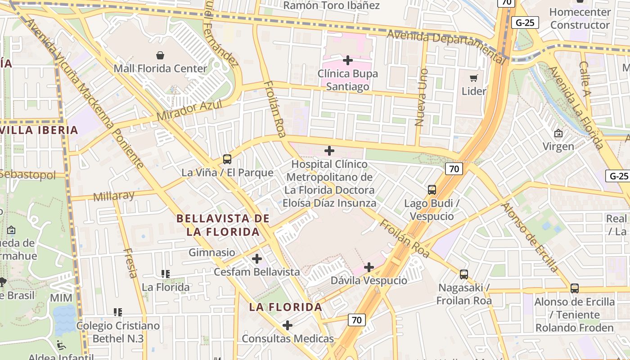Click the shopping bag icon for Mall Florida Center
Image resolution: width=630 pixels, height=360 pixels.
click(160, 55)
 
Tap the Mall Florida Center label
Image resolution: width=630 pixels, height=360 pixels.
click(160, 69)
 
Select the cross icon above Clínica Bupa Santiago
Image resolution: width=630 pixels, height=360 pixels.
click(347, 60)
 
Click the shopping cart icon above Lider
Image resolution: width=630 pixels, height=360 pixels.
click(473, 78)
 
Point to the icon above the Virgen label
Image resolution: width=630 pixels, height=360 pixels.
click(558, 133)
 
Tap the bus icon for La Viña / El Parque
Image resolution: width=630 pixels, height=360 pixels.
click(227, 159)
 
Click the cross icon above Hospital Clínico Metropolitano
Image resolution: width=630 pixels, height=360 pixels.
click(329, 151)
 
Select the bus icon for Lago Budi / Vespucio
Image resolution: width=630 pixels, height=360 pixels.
click(432, 190)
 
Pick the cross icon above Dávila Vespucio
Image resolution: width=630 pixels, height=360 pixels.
click(369, 267)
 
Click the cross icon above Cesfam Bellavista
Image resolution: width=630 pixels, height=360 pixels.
click(257, 259)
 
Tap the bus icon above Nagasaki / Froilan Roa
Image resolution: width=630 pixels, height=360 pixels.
click(464, 274)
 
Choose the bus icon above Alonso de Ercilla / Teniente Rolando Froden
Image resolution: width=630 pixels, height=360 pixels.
click(574, 288)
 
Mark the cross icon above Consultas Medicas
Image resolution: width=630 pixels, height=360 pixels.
click(288, 325)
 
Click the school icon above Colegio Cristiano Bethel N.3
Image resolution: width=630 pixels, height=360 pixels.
click(118, 312)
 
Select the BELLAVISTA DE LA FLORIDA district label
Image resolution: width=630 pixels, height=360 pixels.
click(223, 225)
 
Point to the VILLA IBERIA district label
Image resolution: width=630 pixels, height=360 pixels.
click(39, 130)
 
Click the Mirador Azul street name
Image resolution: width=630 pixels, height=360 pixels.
click(189, 110)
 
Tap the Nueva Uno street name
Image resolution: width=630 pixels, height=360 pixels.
click(421, 97)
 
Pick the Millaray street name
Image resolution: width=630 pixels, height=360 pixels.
click(114, 196)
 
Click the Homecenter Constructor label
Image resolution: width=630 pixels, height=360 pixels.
click(580, 18)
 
